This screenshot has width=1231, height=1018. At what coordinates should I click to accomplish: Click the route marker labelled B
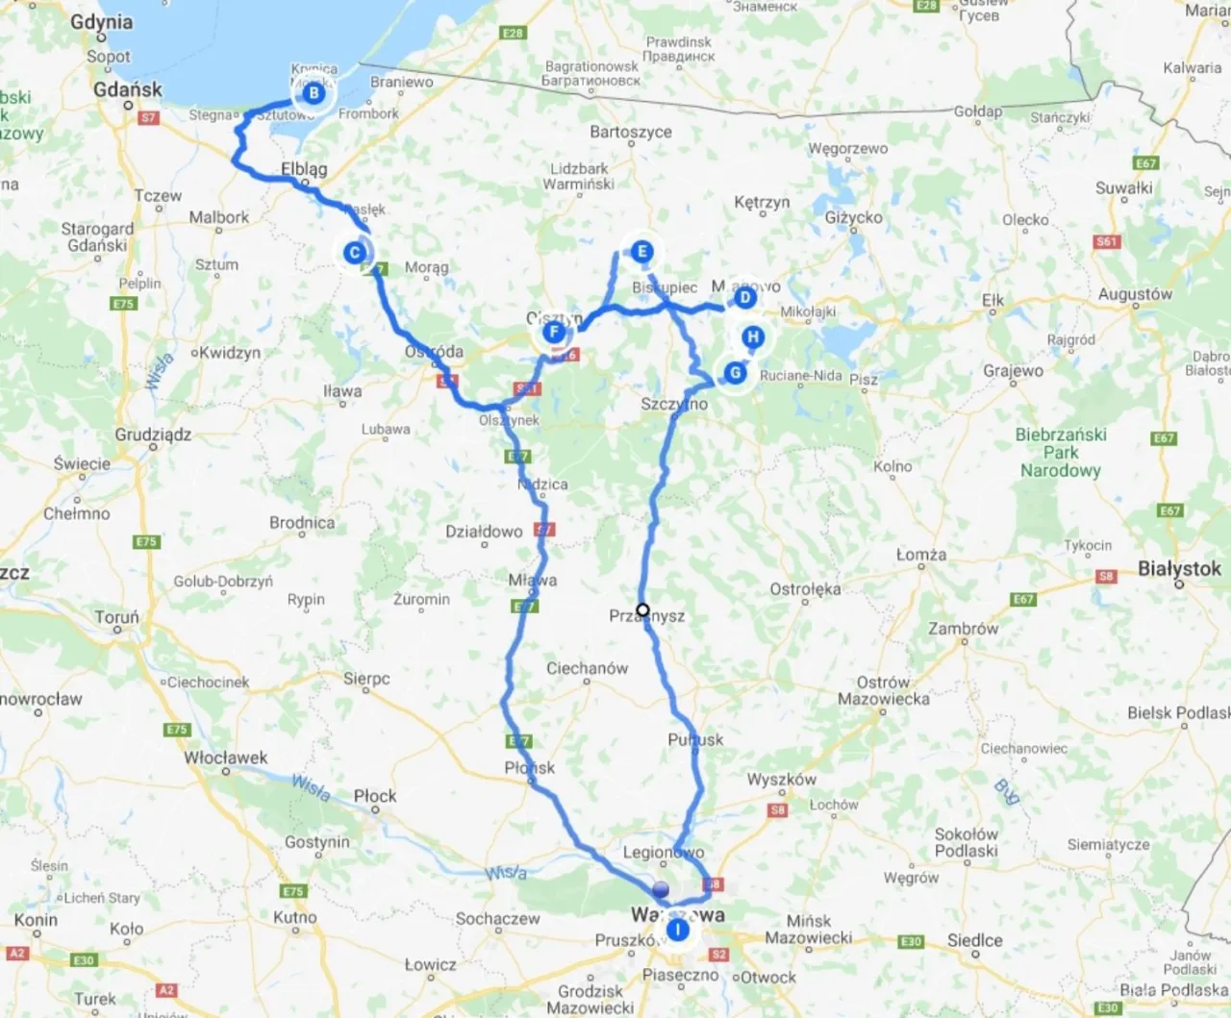coord(314,93)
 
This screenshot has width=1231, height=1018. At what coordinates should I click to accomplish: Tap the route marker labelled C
coord(355,253)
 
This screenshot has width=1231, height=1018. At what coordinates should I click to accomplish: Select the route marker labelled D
coord(744,298)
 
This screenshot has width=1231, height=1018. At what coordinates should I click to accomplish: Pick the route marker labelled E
coord(641,252)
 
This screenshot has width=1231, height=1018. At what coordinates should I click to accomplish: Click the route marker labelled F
coord(553,333)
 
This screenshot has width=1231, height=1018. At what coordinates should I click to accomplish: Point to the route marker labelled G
coord(736,373)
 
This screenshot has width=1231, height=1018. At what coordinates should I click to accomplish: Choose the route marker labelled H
coord(753,336)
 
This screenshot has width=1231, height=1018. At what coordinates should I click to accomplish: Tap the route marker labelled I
coord(678,930)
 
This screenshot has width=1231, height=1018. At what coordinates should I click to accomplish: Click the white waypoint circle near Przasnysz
coord(643,609)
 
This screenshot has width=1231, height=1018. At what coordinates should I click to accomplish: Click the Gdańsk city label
coord(128,89)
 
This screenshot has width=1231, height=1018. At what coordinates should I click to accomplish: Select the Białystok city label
coord(1179,568)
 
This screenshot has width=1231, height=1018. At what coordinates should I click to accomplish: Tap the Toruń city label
coord(116,617)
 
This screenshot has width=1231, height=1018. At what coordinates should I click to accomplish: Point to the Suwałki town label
coord(1123,187)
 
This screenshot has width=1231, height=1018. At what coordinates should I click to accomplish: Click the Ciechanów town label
coord(587,668)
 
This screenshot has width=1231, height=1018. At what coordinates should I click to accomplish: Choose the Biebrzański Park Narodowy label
coord(1061,452)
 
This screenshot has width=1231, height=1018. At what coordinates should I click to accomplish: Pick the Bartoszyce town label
coord(631,132)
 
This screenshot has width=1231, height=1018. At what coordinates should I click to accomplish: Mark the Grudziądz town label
coord(153,435)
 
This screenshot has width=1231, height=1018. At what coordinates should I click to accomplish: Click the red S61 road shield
coord(1107,241)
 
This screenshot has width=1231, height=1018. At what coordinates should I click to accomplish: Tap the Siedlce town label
coord(974,940)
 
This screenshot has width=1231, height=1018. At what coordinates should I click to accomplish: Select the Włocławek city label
coord(226,757)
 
